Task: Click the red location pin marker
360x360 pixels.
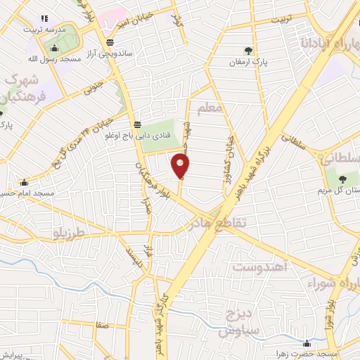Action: [180, 166]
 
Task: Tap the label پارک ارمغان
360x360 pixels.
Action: [248, 63]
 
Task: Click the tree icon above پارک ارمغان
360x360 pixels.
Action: [248, 51]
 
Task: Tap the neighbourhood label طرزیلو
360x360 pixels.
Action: [69, 231]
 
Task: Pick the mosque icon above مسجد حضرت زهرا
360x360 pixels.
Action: [307, 343]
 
